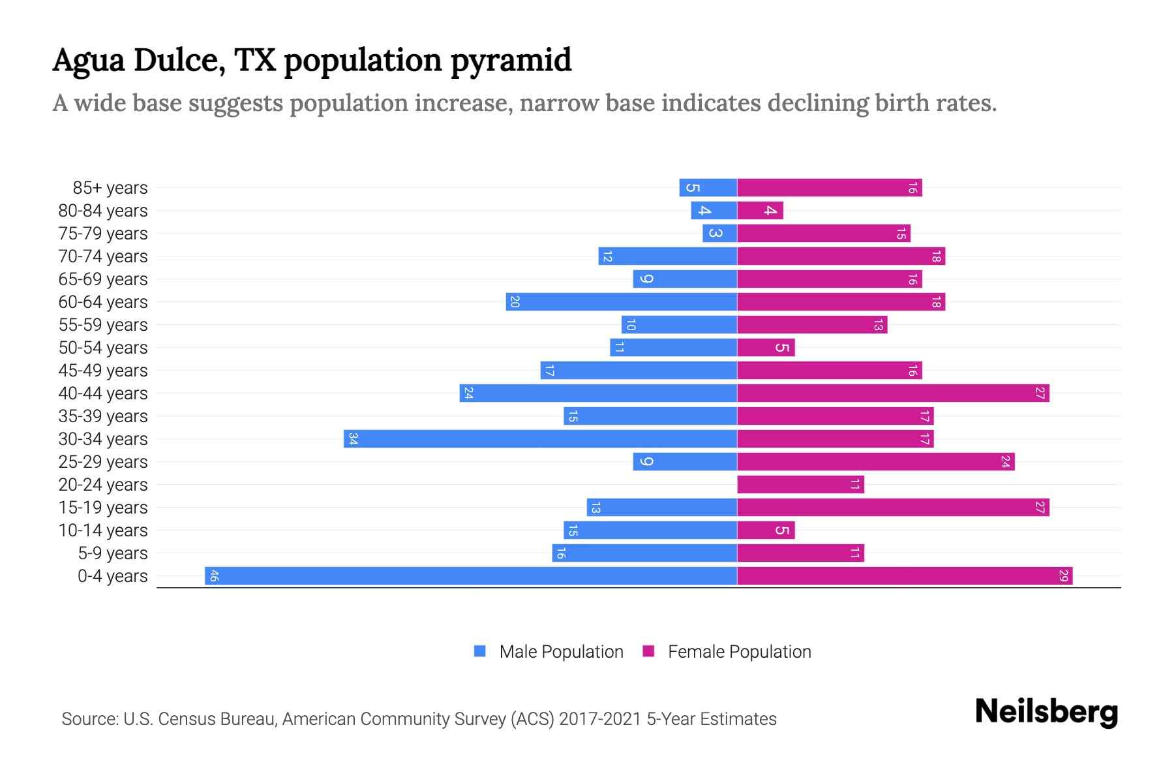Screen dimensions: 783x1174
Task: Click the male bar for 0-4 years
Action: [x=471, y=576]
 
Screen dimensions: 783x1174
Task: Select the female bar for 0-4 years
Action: [x=905, y=576]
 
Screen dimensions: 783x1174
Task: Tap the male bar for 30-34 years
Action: [x=540, y=438]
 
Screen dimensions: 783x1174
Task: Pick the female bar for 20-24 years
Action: [x=800, y=484]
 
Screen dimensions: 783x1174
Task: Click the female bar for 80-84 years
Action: [x=760, y=210]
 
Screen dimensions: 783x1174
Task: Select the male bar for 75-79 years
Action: [x=719, y=233]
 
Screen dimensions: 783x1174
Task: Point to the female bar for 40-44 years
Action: [x=893, y=393]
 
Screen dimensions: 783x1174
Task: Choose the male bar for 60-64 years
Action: [x=621, y=301]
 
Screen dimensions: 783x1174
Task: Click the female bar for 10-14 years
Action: [x=766, y=530]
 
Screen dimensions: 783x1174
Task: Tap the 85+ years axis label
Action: [x=110, y=188]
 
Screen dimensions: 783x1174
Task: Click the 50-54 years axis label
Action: [x=103, y=348]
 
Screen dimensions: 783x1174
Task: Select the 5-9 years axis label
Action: [x=113, y=553]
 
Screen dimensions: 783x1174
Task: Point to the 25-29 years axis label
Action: [x=103, y=462]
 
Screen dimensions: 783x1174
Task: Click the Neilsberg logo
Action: [x=1046, y=712]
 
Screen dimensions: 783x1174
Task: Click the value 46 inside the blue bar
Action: [x=214, y=576]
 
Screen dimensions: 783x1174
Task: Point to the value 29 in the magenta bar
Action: [x=1063, y=576]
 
